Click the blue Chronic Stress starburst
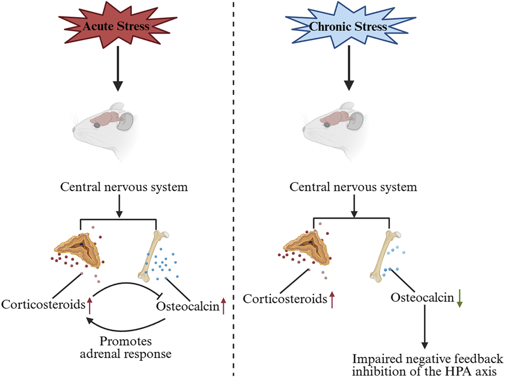(x=348, y=26)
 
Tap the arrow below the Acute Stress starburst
(x=118, y=69)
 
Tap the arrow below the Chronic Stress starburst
(x=349, y=69)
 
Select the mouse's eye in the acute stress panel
(x=97, y=125)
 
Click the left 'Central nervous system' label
(x=124, y=187)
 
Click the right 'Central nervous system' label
(x=353, y=187)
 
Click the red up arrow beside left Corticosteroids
(x=90, y=305)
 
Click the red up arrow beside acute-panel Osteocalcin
(x=223, y=306)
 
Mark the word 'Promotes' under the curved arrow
(x=126, y=341)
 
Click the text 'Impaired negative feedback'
(x=427, y=359)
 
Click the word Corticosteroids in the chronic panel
(x=285, y=299)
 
